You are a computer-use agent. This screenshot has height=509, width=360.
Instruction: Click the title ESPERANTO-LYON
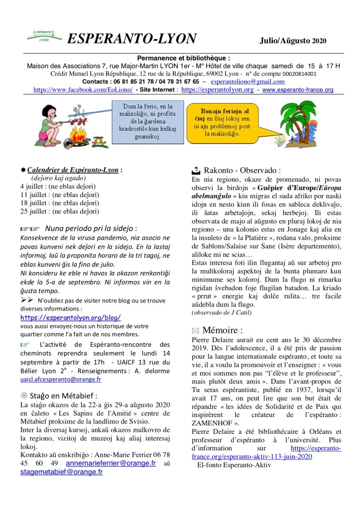(x=131, y=38)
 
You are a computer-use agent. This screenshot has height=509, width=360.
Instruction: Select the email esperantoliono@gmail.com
(x=247, y=82)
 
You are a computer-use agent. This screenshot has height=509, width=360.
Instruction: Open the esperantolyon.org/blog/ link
(x=71, y=317)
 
